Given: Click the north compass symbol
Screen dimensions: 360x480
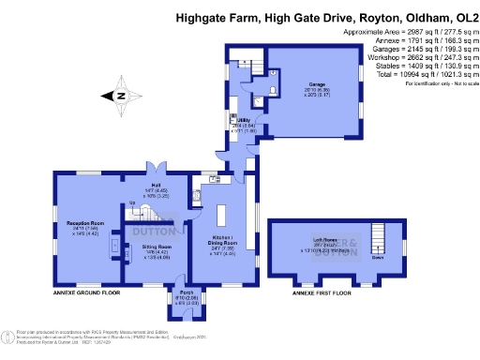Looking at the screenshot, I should [119, 95].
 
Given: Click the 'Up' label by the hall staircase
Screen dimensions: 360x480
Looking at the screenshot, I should [132, 202].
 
